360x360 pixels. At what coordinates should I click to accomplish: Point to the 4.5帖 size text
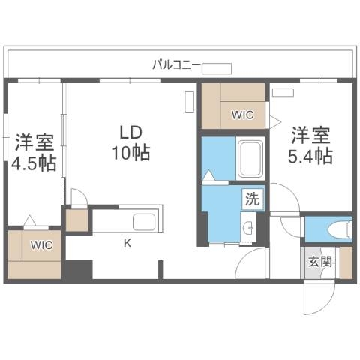click(x=31, y=163)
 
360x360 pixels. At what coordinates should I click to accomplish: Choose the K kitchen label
click(x=127, y=241)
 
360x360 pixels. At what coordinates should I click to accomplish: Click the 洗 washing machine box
click(x=253, y=199)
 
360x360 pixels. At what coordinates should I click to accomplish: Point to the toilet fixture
click(x=337, y=228)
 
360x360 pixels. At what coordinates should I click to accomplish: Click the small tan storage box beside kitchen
click(x=76, y=220)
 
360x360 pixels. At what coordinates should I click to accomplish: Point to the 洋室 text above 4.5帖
click(x=31, y=142)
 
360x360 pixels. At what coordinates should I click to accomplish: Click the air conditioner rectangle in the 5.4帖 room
click(x=283, y=93)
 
